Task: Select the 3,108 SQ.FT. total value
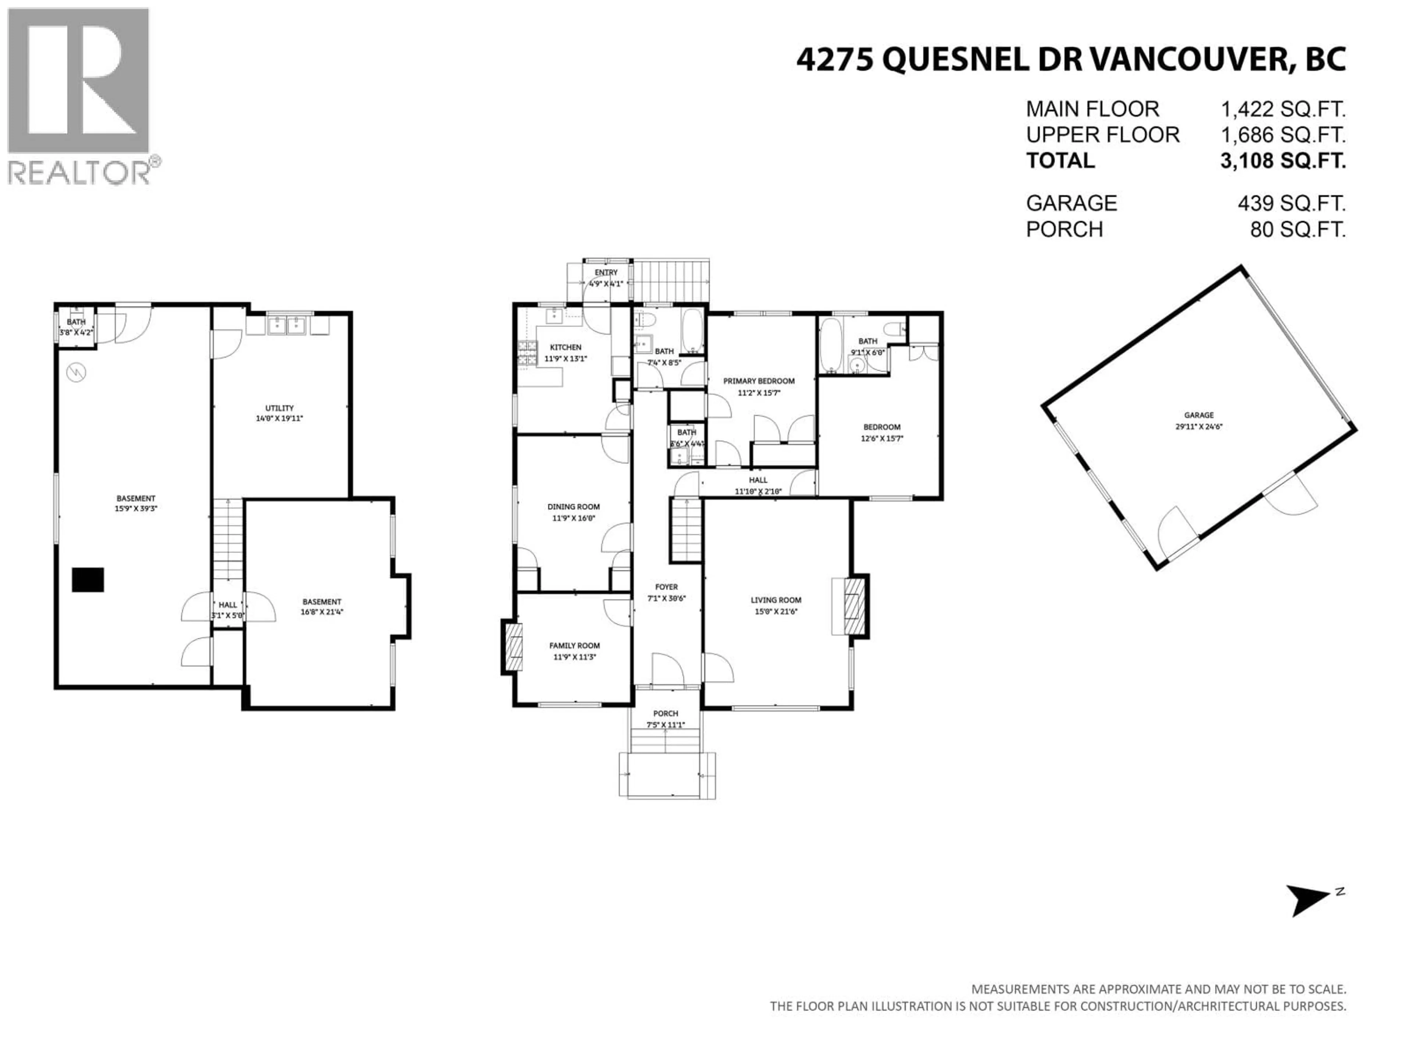point(1283,161)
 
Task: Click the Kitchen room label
point(566,347)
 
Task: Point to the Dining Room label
point(573,507)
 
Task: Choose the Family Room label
point(574,645)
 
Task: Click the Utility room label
point(279,408)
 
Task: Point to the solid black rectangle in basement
point(88,580)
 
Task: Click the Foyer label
point(666,586)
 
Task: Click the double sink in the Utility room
point(286,325)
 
